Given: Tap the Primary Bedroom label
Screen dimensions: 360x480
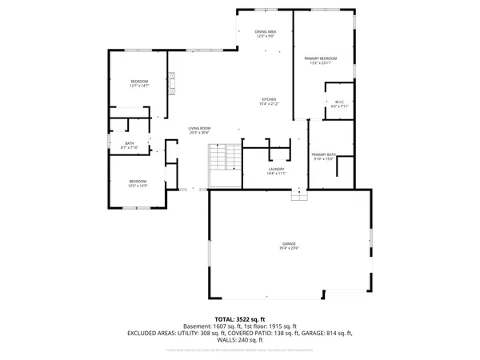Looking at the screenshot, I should tap(320, 58).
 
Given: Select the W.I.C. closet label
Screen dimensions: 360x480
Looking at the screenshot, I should tap(340, 101).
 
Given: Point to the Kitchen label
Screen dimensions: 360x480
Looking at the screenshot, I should tap(268, 99).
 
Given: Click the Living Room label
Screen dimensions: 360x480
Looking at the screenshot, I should tap(199, 128).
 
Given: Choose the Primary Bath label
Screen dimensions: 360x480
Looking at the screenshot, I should tap(323, 154).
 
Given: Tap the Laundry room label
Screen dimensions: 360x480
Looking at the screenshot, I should tap(277, 169).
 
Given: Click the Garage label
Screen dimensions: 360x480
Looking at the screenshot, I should tap(289, 243).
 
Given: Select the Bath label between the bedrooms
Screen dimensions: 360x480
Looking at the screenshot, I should tap(129, 143).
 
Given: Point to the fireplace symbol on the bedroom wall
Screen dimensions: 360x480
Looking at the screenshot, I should tap(170, 80).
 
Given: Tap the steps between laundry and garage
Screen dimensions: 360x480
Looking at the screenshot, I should tap(299, 194).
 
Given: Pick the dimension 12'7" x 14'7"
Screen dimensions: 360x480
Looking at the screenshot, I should tap(140, 86).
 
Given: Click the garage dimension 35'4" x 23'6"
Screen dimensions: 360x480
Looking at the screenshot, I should tap(289, 248).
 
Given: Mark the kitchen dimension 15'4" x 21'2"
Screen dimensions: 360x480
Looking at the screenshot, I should tap(268, 104).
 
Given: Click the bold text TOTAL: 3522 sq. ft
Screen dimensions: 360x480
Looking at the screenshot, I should tap(240, 319).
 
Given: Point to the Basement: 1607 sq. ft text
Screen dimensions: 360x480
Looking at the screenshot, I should tap(210, 326).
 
